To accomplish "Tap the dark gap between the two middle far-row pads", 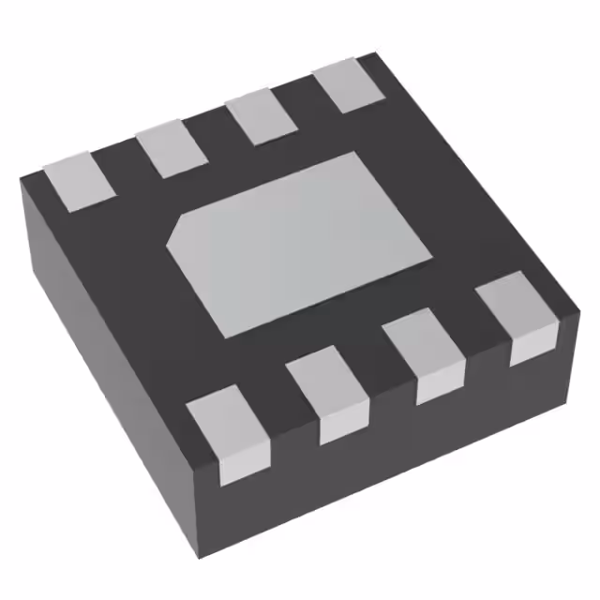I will pyautogui.click(x=214, y=131).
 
